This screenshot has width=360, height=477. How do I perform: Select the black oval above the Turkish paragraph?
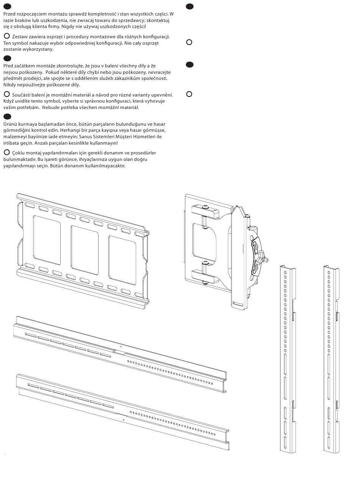click(x=7, y=117)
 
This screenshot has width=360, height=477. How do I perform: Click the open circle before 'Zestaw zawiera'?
click(x=6, y=36)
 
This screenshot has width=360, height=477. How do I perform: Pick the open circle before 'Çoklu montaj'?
click(x=6, y=152)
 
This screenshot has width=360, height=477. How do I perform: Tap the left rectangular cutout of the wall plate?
click(x=46, y=239)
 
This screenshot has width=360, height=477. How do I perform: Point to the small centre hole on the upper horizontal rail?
click(x=121, y=346)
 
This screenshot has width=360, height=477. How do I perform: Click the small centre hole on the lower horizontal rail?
click(x=124, y=419)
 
